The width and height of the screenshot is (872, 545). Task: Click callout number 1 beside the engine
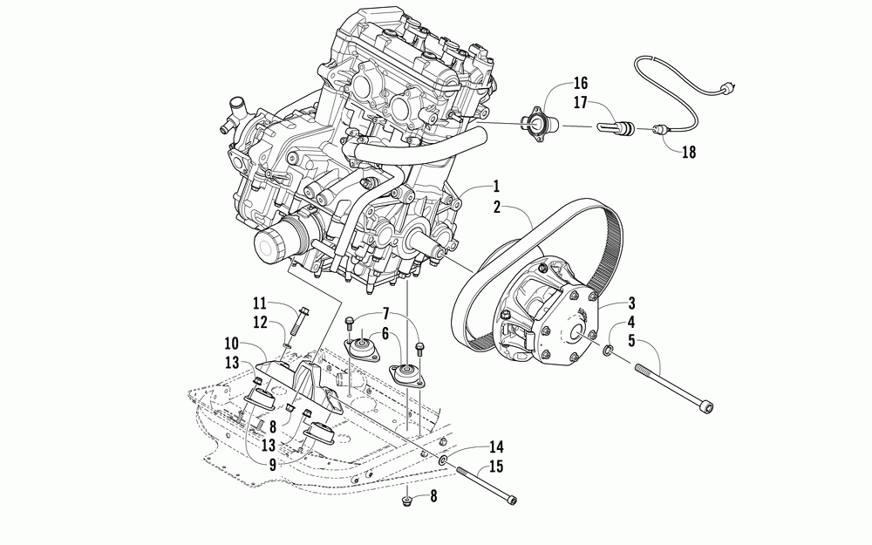coord(495,186)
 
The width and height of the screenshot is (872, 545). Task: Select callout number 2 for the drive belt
coord(495,207)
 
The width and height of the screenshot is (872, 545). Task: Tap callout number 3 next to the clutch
coord(631,303)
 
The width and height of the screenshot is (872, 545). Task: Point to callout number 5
coord(631,342)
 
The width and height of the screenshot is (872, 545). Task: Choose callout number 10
coord(383,333)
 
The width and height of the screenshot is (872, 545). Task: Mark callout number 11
coord(259,303)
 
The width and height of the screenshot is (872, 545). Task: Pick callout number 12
coord(259,323)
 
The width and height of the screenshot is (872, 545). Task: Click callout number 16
coord(581,84)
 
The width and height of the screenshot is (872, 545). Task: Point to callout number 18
coord(689,153)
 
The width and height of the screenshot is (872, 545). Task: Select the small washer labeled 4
coord(607,351)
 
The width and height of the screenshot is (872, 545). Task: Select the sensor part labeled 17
coord(617,127)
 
